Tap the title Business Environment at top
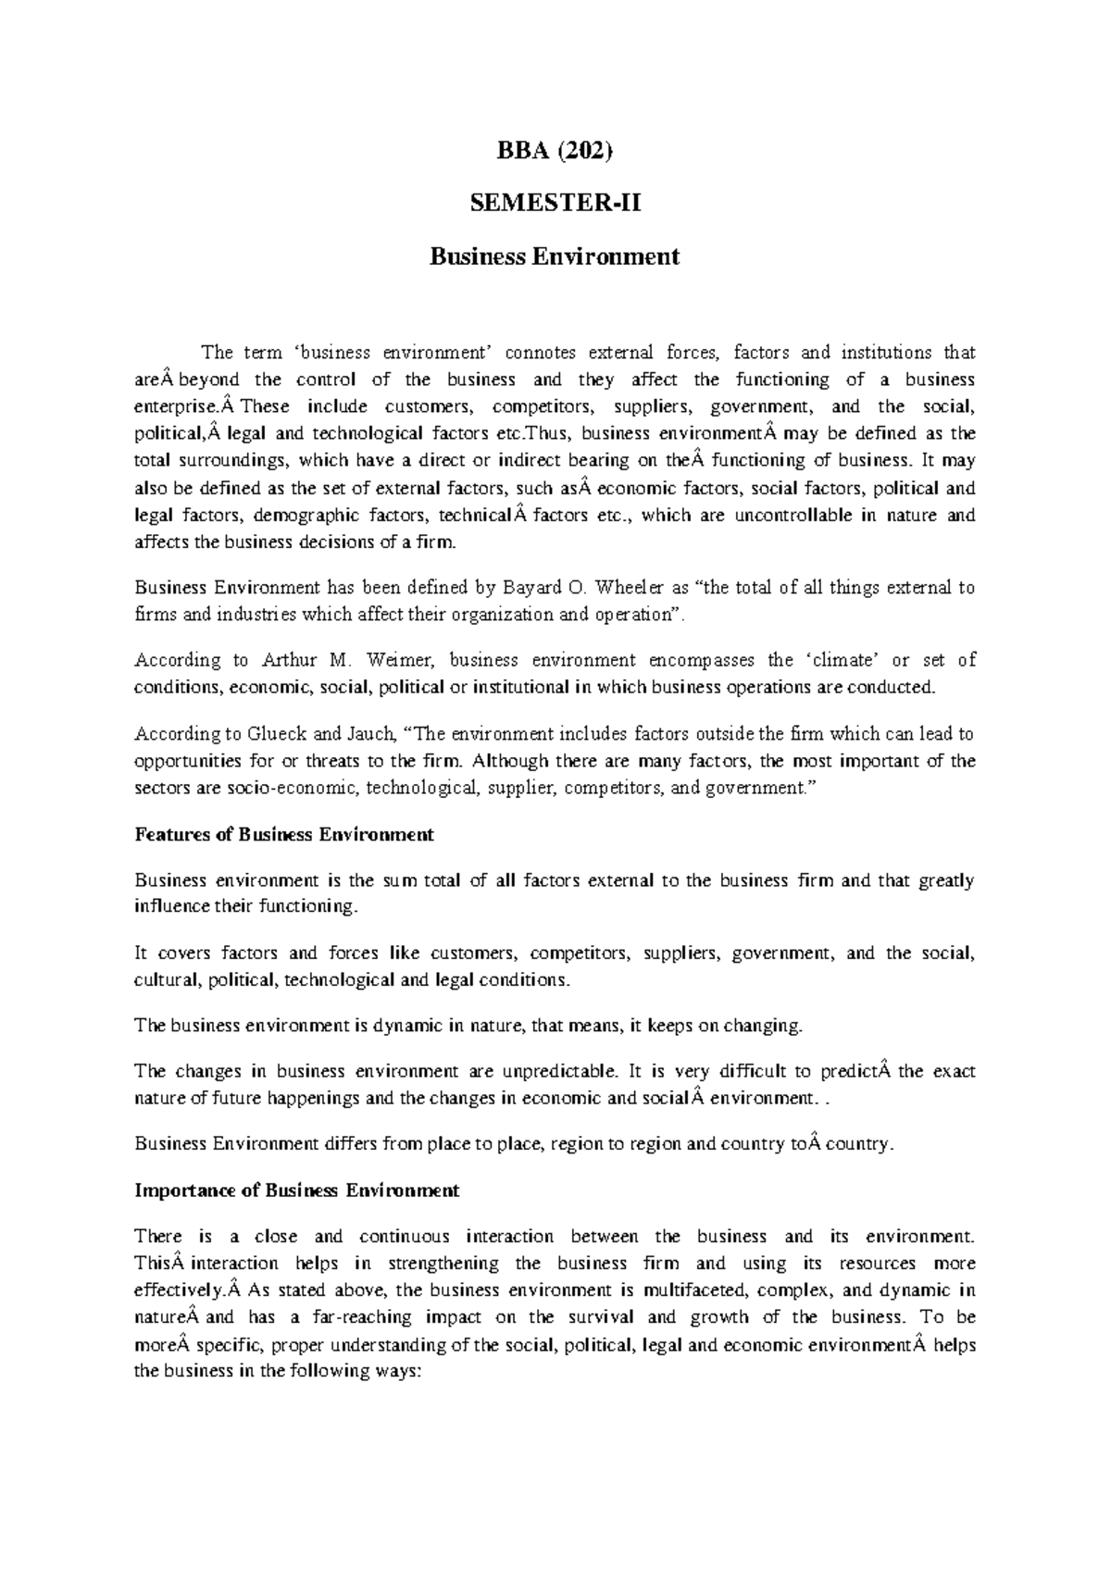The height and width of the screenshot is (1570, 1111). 554,255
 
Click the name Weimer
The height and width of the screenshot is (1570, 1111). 407,661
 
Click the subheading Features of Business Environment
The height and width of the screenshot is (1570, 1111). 284,835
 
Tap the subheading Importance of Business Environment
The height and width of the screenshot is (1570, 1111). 296,1190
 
